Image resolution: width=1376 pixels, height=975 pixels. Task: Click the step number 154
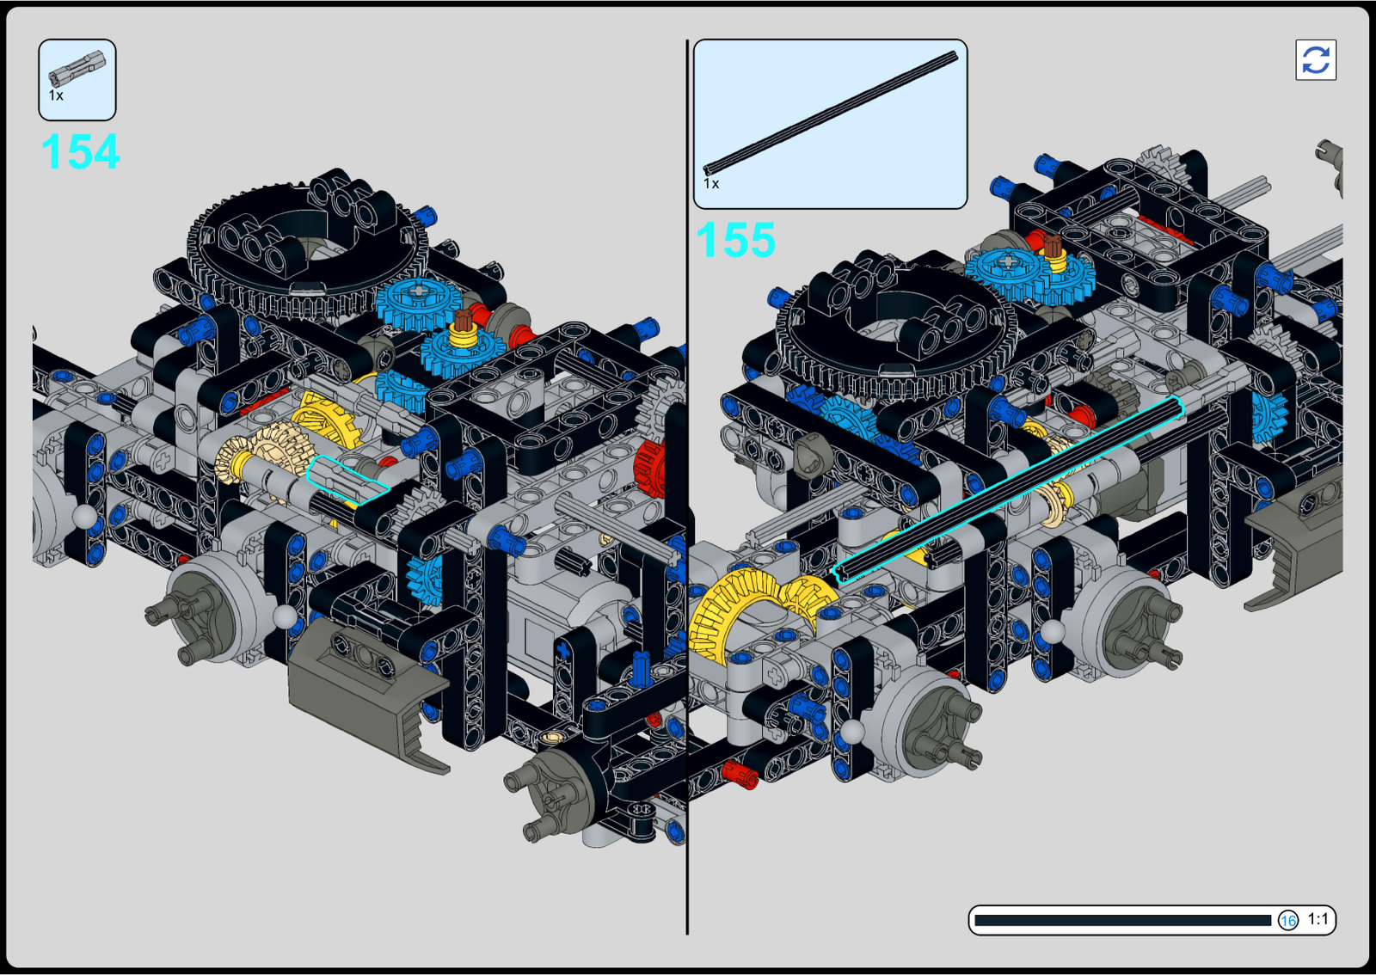coord(81,151)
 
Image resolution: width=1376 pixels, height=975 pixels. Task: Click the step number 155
coord(735,240)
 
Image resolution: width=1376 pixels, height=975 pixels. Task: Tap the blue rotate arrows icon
coord(1316,59)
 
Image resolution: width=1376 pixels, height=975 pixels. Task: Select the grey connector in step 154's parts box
coord(77,68)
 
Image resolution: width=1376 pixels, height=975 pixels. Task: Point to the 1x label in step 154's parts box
coord(56,95)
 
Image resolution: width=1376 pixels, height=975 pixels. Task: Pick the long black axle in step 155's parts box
coord(831,113)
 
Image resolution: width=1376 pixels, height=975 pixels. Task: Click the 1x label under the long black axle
coord(710,184)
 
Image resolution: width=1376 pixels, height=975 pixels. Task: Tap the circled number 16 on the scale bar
coord(1288,920)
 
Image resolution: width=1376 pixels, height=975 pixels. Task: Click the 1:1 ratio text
coord(1318,919)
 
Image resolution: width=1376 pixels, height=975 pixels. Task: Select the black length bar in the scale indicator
coord(1122,920)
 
